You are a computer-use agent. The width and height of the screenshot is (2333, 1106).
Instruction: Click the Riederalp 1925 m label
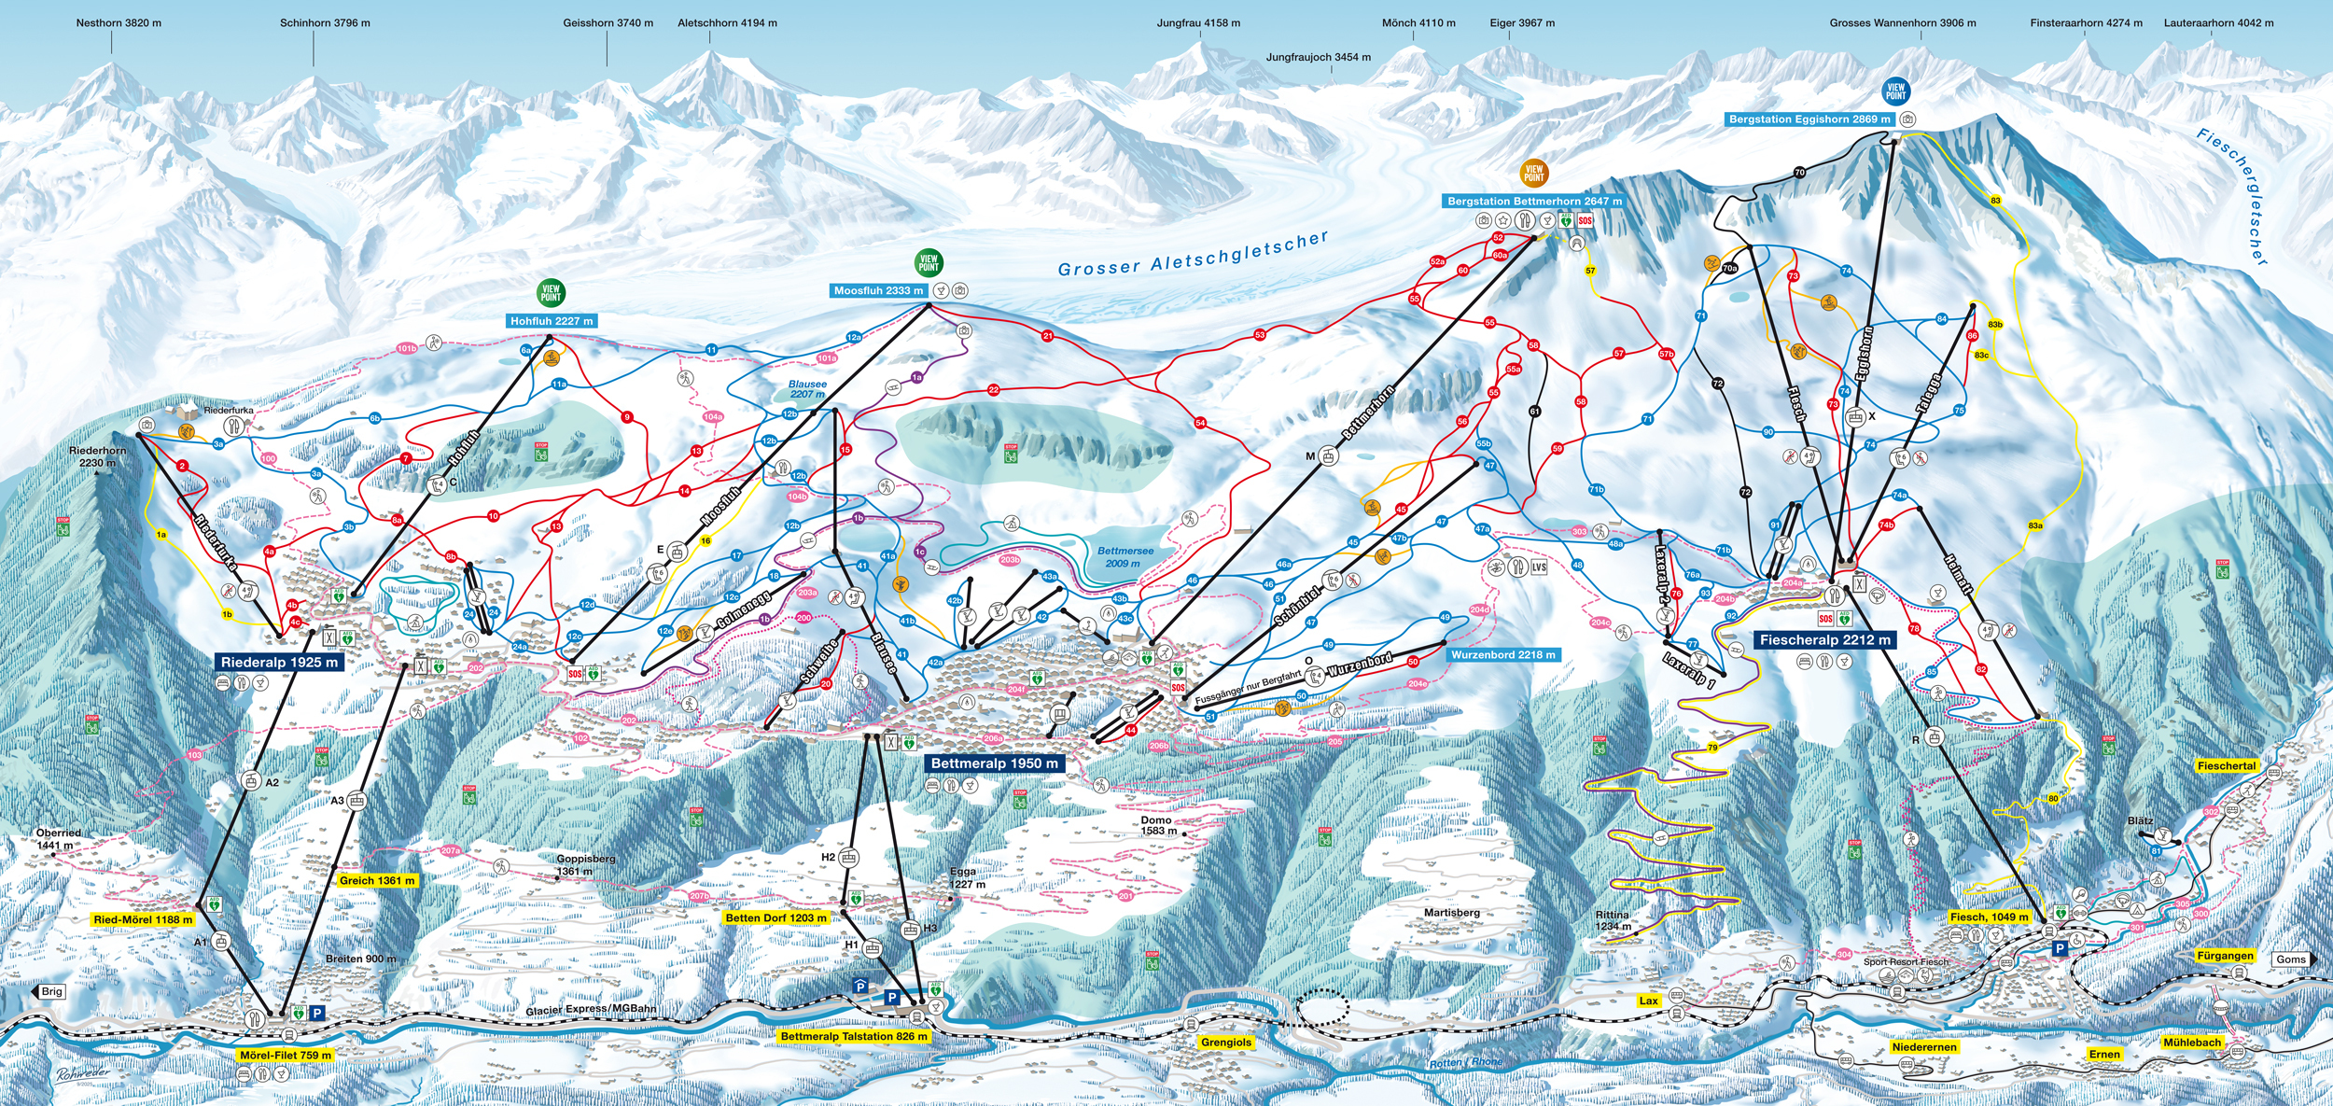tap(279, 662)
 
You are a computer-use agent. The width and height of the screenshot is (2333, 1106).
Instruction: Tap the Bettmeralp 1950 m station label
tap(995, 763)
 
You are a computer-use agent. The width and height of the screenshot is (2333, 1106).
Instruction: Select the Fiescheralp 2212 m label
tap(1824, 639)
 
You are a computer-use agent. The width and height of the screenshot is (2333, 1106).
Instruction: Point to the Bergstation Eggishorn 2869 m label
tap(1809, 119)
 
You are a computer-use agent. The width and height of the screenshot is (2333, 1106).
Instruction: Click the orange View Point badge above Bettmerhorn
tap(1534, 173)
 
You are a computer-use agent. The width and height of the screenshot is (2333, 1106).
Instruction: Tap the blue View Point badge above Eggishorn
tap(1895, 91)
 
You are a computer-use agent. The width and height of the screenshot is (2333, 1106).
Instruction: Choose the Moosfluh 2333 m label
tap(878, 290)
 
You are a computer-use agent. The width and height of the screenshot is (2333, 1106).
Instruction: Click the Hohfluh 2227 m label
tap(551, 320)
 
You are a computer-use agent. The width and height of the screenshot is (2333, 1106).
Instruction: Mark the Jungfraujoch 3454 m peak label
tap(1318, 57)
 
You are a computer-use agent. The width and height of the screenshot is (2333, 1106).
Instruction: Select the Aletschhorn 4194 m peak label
tap(727, 22)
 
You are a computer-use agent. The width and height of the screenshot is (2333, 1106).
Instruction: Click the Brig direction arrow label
tap(49, 991)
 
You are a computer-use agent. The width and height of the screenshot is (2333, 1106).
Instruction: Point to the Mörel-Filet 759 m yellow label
tap(285, 1055)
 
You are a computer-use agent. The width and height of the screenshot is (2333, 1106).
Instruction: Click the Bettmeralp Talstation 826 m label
tap(854, 1036)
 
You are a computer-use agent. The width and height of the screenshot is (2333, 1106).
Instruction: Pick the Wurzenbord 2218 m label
tap(1502, 654)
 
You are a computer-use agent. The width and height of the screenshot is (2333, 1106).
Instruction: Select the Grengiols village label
tap(1225, 1042)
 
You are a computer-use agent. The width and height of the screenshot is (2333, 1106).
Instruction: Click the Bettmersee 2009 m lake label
tap(1125, 557)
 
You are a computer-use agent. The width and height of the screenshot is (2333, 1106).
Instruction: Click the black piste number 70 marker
tap(1799, 173)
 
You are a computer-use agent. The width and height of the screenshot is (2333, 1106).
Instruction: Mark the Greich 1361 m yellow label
tap(377, 880)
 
